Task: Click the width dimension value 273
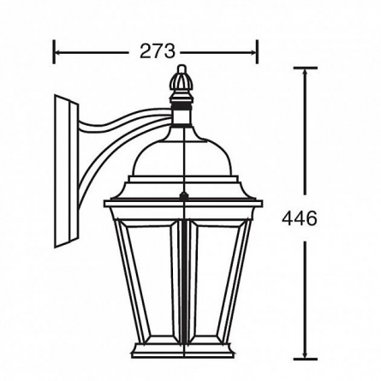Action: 157,51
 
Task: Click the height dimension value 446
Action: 300,218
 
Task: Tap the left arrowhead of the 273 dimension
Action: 57,52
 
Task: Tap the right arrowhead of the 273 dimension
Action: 253,52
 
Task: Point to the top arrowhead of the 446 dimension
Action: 306,73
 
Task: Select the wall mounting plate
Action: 66,171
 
